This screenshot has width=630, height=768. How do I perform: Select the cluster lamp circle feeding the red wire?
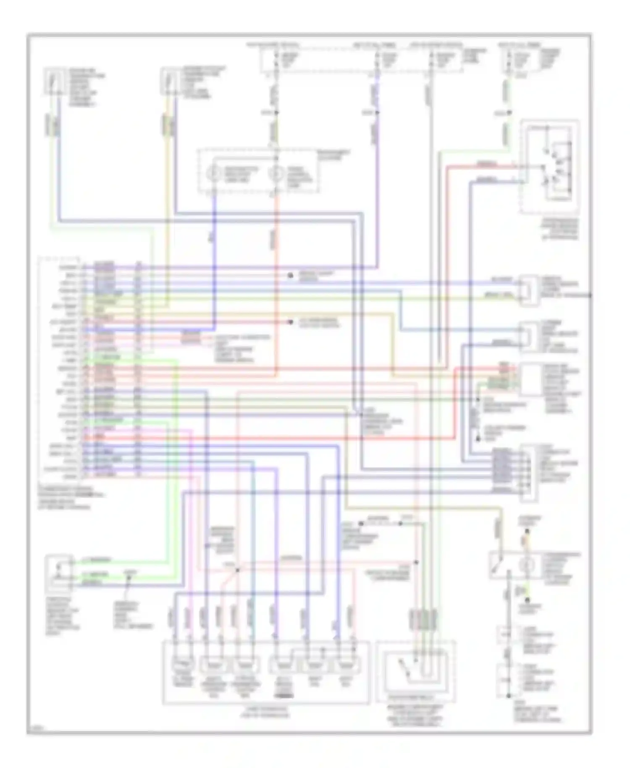click(276, 173)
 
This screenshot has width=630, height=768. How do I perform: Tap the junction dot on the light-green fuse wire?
click(509, 113)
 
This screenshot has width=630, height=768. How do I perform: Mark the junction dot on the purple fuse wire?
click(377, 113)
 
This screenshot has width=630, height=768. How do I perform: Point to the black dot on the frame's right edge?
click(590, 295)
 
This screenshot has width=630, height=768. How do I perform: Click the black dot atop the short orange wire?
click(528, 531)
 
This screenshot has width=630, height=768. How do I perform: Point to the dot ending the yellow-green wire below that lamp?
click(528, 600)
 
